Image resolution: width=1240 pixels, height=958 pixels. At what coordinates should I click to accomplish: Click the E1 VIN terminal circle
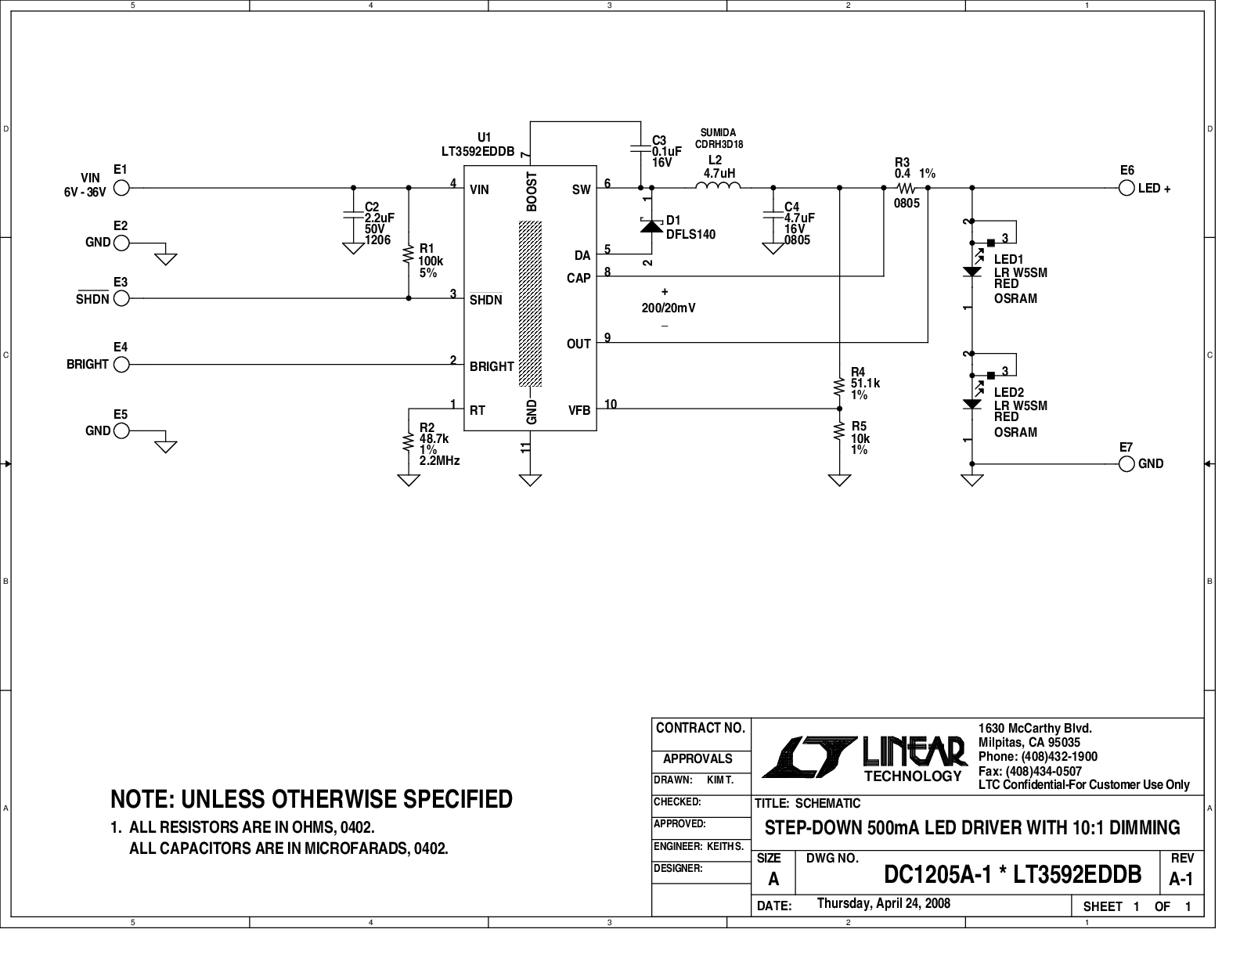tap(121, 188)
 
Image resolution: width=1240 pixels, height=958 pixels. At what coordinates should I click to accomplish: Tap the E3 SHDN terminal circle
tap(121, 298)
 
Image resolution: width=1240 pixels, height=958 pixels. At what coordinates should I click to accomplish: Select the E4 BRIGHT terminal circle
tap(121, 365)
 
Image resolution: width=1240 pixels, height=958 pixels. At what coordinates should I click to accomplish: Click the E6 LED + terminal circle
tap(1126, 189)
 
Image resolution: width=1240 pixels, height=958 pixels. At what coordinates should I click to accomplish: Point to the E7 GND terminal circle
tap(1126, 464)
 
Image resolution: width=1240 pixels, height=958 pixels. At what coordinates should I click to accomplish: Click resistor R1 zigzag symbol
tap(409, 254)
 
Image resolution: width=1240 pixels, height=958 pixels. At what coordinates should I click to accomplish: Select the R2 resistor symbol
tap(409, 442)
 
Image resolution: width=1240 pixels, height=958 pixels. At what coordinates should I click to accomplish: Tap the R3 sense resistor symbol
tap(906, 188)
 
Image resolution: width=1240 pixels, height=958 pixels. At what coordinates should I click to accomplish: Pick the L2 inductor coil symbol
tap(718, 185)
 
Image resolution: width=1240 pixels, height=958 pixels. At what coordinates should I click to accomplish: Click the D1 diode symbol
tap(651, 226)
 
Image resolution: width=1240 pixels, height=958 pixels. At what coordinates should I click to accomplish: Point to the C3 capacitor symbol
tap(641, 149)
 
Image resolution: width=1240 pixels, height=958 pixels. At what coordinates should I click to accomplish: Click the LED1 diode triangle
tap(971, 272)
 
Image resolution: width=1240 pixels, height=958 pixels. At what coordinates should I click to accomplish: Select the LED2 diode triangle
tap(971, 405)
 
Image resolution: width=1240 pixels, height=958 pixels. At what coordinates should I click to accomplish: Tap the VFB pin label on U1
tap(579, 410)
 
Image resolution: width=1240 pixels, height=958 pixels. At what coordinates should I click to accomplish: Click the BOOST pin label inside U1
tap(532, 192)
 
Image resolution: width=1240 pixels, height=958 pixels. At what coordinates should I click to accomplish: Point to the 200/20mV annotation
tap(669, 308)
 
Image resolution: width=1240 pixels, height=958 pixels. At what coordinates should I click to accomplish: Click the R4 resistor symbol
tap(839, 387)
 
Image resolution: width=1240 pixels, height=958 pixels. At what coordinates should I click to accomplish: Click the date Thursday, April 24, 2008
tap(883, 903)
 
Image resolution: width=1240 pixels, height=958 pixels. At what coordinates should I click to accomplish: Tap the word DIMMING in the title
tap(1144, 827)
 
